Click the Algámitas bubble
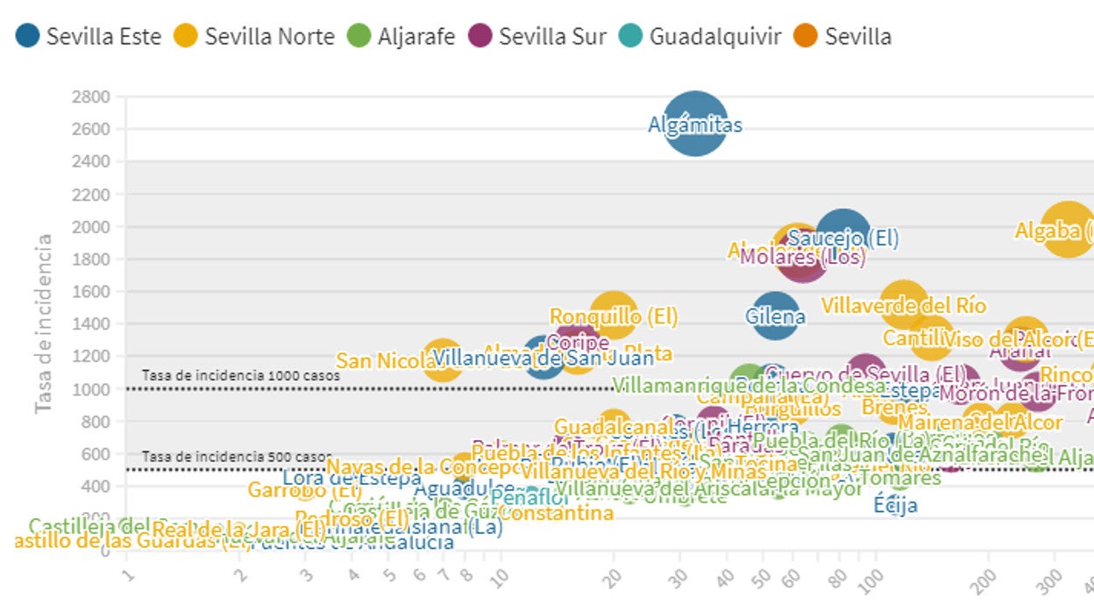tap(695, 124)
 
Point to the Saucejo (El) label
tap(843, 238)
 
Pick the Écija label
tap(896, 505)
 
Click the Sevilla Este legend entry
tap(89, 36)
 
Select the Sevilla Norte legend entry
tap(254, 36)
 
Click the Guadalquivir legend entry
tap(700, 36)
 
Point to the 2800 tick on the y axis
tap(91, 96)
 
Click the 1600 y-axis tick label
tap(91, 291)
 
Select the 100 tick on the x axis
tap(871, 581)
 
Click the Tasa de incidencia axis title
tap(44, 323)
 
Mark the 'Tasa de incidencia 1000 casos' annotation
tap(240, 375)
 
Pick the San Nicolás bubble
tap(443, 359)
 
